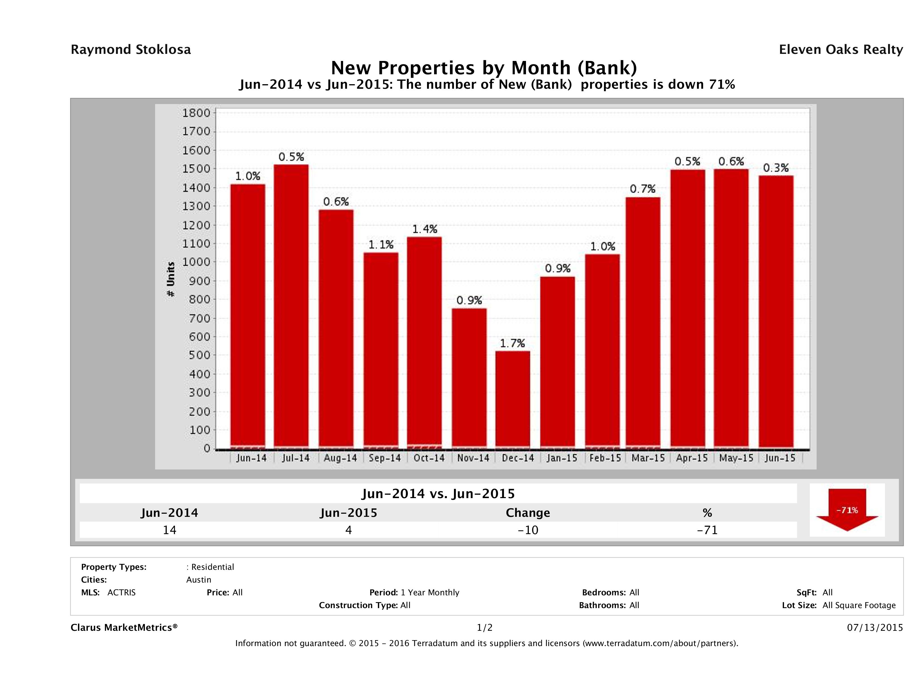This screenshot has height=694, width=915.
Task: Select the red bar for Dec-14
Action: click(513, 399)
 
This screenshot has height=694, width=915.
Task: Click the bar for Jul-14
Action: click(291, 306)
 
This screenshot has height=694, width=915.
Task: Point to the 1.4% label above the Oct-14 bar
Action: click(424, 229)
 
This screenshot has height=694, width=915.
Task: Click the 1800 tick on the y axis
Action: click(196, 113)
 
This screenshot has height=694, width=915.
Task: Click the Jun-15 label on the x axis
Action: click(780, 458)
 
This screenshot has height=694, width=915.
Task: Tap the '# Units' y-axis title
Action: click(170, 280)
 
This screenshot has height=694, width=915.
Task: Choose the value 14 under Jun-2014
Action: click(170, 530)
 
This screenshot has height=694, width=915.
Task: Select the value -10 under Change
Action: click(528, 530)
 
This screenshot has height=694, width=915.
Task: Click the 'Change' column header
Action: click(528, 513)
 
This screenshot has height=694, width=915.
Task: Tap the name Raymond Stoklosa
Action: click(131, 50)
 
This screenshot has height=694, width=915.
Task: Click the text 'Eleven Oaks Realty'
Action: click(840, 50)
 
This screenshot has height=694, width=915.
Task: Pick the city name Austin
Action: click(198, 580)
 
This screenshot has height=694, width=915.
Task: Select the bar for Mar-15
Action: click(643, 323)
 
